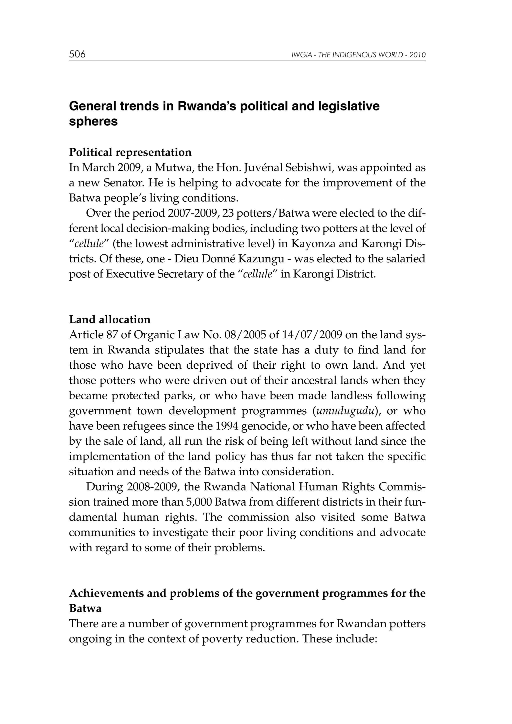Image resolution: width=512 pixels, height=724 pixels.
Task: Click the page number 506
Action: coord(77,54)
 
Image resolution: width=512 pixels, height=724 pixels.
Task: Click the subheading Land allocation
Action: coord(109,320)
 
